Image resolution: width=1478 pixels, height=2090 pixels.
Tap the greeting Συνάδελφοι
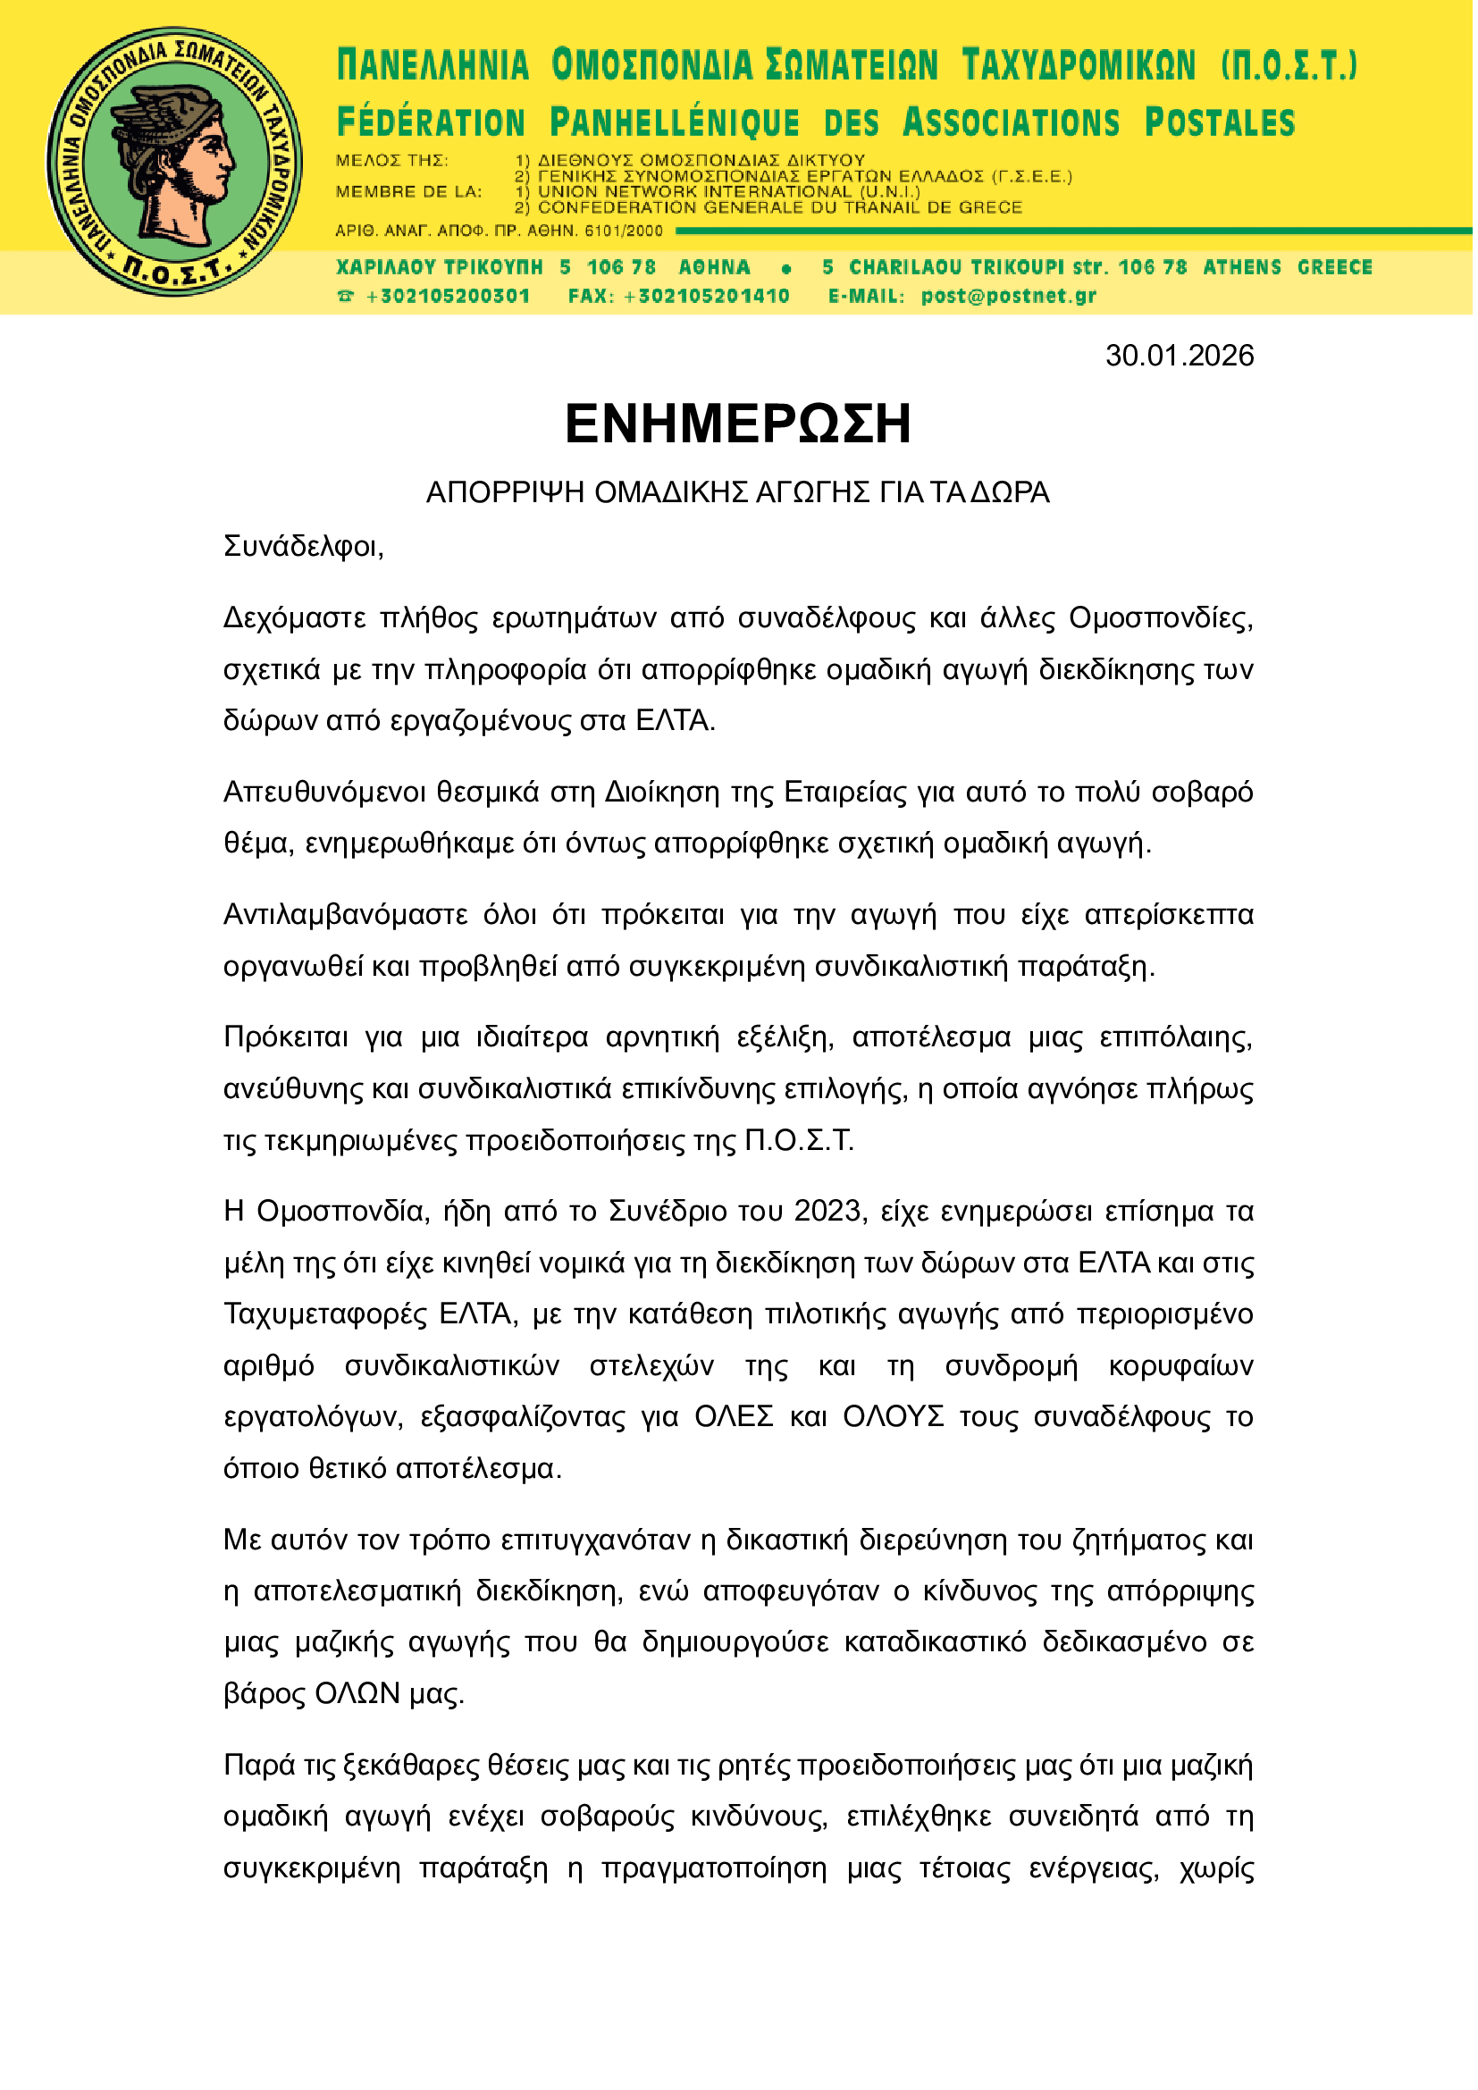coord(304,548)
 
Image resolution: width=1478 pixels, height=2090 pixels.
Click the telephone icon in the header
coord(346,297)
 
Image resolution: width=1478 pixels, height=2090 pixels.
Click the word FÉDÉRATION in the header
coord(432,123)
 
